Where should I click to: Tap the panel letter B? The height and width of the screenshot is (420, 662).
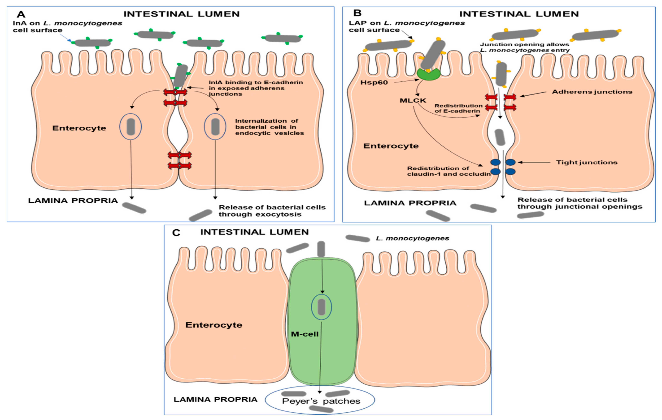point(357,13)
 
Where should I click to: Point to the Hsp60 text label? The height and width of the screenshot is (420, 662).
point(374,82)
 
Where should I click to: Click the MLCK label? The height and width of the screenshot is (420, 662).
point(413,101)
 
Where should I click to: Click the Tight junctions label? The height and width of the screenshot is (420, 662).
point(587,162)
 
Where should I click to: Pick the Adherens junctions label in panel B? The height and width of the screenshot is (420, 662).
point(592,92)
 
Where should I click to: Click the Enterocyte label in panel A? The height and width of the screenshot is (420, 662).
point(79,128)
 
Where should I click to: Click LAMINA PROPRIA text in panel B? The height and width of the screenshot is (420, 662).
point(410,203)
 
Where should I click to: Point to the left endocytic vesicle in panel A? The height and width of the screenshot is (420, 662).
point(131,127)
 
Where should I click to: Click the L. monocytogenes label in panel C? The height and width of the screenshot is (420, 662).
point(412,238)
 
